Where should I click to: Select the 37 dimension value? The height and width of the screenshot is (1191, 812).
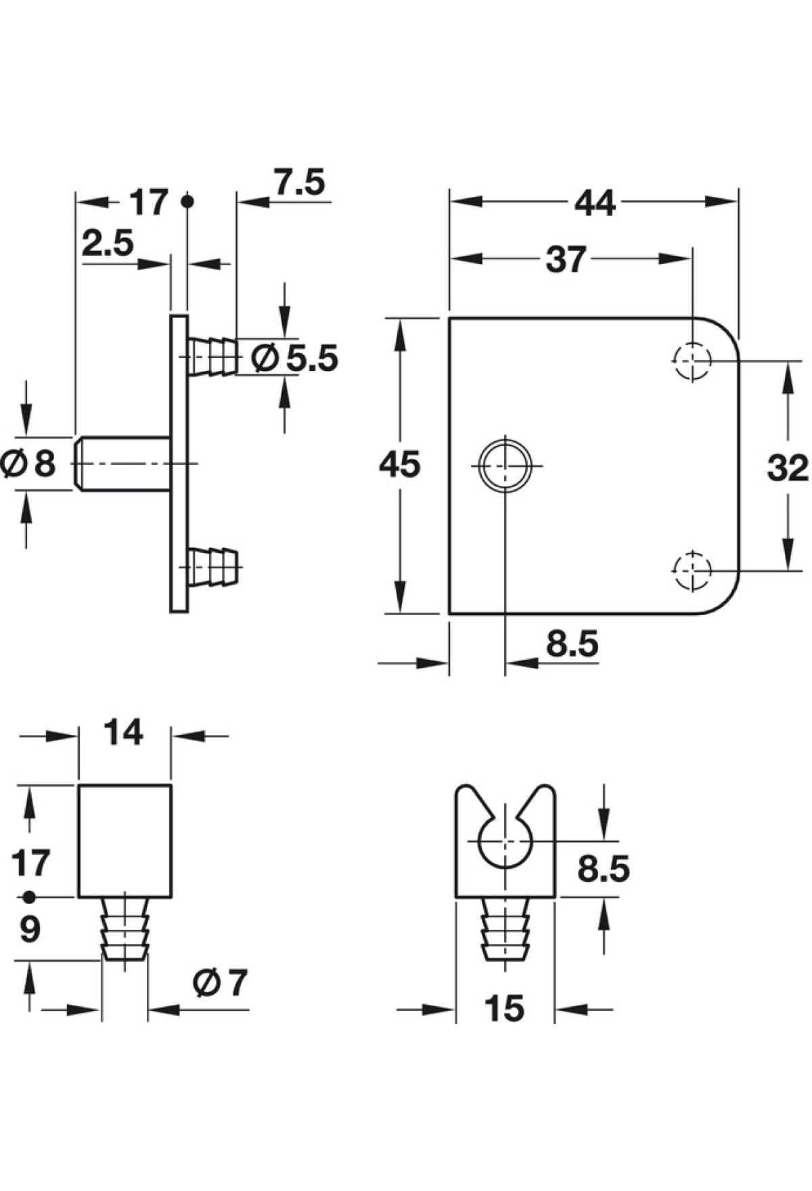(565, 259)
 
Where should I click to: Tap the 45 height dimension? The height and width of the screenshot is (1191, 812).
(399, 465)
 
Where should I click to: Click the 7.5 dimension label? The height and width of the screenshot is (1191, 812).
(299, 183)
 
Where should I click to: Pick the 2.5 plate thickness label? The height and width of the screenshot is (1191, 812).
(108, 243)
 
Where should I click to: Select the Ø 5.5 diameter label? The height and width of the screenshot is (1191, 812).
(294, 358)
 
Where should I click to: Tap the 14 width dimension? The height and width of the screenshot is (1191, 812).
(124, 733)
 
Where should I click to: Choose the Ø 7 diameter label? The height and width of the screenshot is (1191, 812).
(220, 983)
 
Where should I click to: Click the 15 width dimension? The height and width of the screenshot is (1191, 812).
(505, 1009)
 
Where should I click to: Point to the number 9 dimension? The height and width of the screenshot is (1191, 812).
(30, 930)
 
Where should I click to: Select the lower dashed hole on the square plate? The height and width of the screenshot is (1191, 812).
(692, 570)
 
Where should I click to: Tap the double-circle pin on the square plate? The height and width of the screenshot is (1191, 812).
(505, 465)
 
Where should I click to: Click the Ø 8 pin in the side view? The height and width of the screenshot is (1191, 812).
(122, 464)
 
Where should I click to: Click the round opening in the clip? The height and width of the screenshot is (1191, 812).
(505, 842)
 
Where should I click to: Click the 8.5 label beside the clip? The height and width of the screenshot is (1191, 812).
(603, 869)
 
